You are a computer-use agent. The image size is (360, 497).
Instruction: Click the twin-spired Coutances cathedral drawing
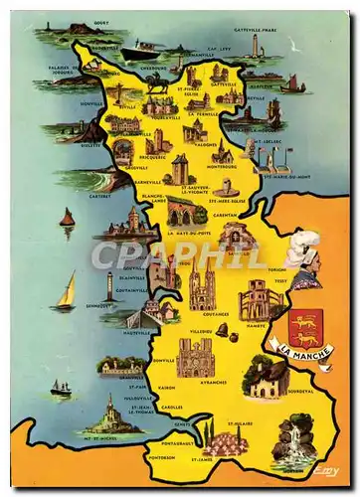coord(202,288)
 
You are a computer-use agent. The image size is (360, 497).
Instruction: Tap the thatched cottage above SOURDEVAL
coord(267,378)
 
